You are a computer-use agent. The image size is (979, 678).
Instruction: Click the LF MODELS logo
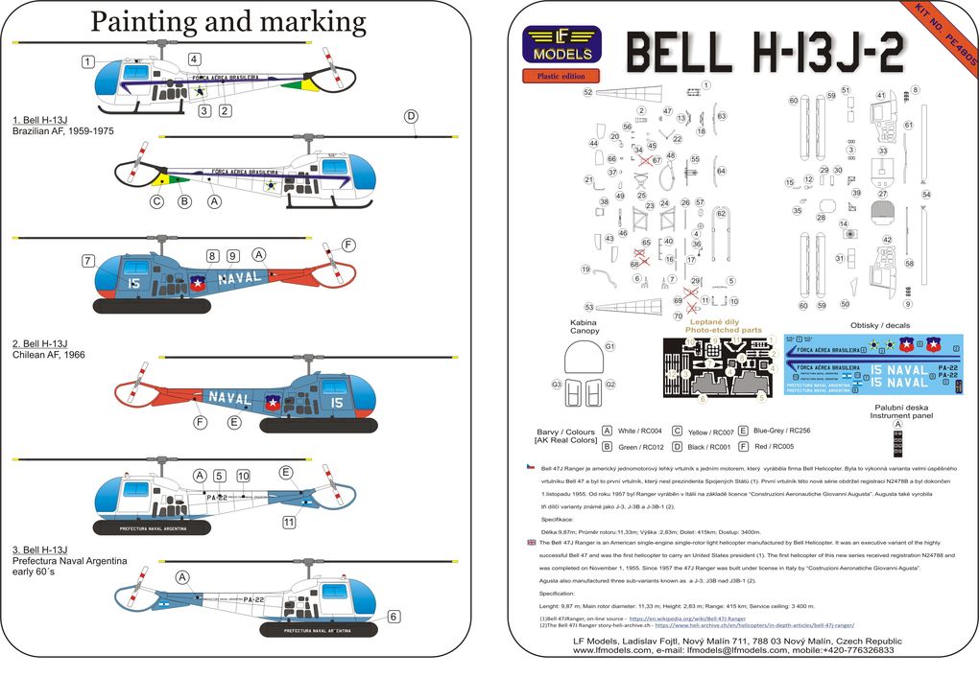pyautogui.click(x=561, y=46)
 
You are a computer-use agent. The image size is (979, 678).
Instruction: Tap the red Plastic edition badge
pyautogui.click(x=561, y=76)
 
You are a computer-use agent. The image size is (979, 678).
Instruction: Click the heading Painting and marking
pyautogui.click(x=227, y=22)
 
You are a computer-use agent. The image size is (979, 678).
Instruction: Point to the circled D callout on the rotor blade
pyautogui.click(x=411, y=117)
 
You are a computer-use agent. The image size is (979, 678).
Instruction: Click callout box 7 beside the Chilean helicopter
pyautogui.click(x=87, y=261)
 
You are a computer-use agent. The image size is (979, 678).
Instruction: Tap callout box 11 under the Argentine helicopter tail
pyautogui.click(x=289, y=522)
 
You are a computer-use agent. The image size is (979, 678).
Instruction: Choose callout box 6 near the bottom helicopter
pyautogui.click(x=394, y=617)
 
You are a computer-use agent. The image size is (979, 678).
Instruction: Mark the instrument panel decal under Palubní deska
pyautogui.click(x=897, y=444)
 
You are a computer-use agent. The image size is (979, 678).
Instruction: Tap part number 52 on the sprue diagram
pyautogui.click(x=587, y=92)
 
